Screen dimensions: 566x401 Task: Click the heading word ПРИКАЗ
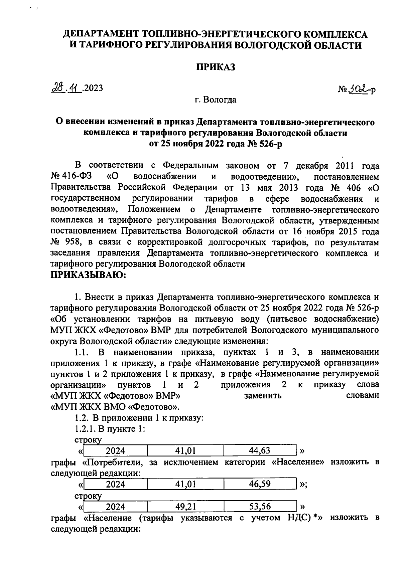[x=215, y=67]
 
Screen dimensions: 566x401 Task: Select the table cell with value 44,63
[x=260, y=451]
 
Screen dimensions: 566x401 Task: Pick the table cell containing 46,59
[x=260, y=484]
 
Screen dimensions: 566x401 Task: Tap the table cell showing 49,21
[x=185, y=507]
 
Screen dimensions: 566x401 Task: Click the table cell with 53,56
[x=260, y=507]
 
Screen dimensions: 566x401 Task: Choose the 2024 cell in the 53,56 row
[x=115, y=507]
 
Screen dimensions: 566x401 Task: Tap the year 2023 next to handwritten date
[x=93, y=88]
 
